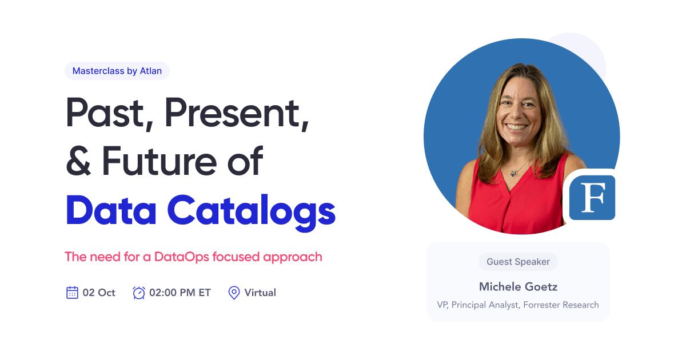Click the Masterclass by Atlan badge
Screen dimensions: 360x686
click(117, 71)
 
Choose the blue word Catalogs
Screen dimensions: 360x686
click(251, 211)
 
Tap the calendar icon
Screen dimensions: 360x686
click(72, 293)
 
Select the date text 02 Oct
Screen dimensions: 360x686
click(99, 293)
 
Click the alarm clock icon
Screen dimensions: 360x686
click(138, 293)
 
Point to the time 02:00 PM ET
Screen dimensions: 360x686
click(180, 293)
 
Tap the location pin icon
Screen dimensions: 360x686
click(234, 293)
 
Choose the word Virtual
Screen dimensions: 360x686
click(260, 293)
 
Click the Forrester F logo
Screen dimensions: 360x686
click(592, 198)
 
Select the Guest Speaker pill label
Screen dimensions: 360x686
click(518, 262)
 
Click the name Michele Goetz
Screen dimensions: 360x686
click(518, 286)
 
